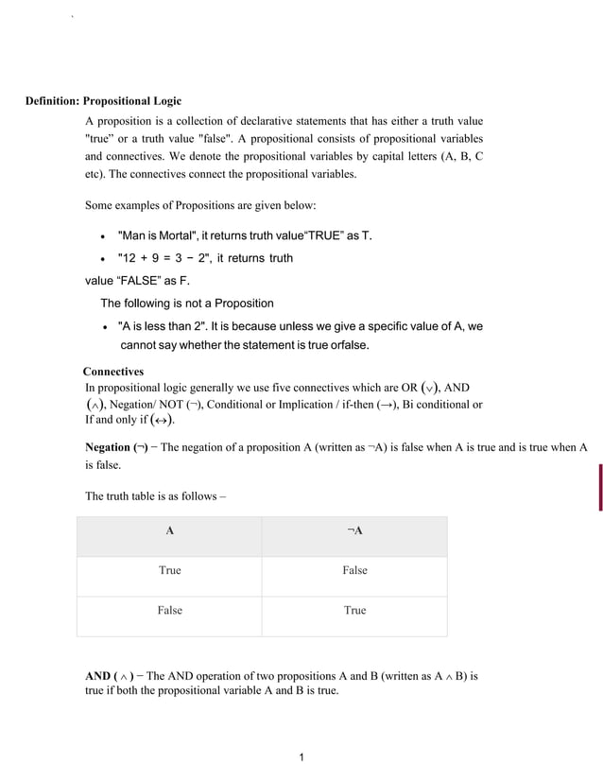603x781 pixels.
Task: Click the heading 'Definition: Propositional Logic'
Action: (x=103, y=101)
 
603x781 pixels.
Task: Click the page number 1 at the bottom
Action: (x=301, y=757)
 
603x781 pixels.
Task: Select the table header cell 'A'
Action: (x=169, y=531)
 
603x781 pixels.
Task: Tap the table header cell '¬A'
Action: (x=354, y=531)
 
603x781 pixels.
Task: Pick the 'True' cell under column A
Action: (x=169, y=571)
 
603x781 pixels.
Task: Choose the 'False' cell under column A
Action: (x=169, y=611)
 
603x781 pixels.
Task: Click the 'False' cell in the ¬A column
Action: (x=354, y=571)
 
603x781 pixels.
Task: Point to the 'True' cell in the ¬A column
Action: (x=354, y=611)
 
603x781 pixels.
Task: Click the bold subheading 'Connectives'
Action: (x=113, y=373)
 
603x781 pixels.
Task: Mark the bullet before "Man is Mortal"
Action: (x=101, y=236)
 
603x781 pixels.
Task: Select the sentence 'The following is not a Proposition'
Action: (x=187, y=304)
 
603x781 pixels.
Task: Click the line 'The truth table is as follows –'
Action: (x=156, y=495)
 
